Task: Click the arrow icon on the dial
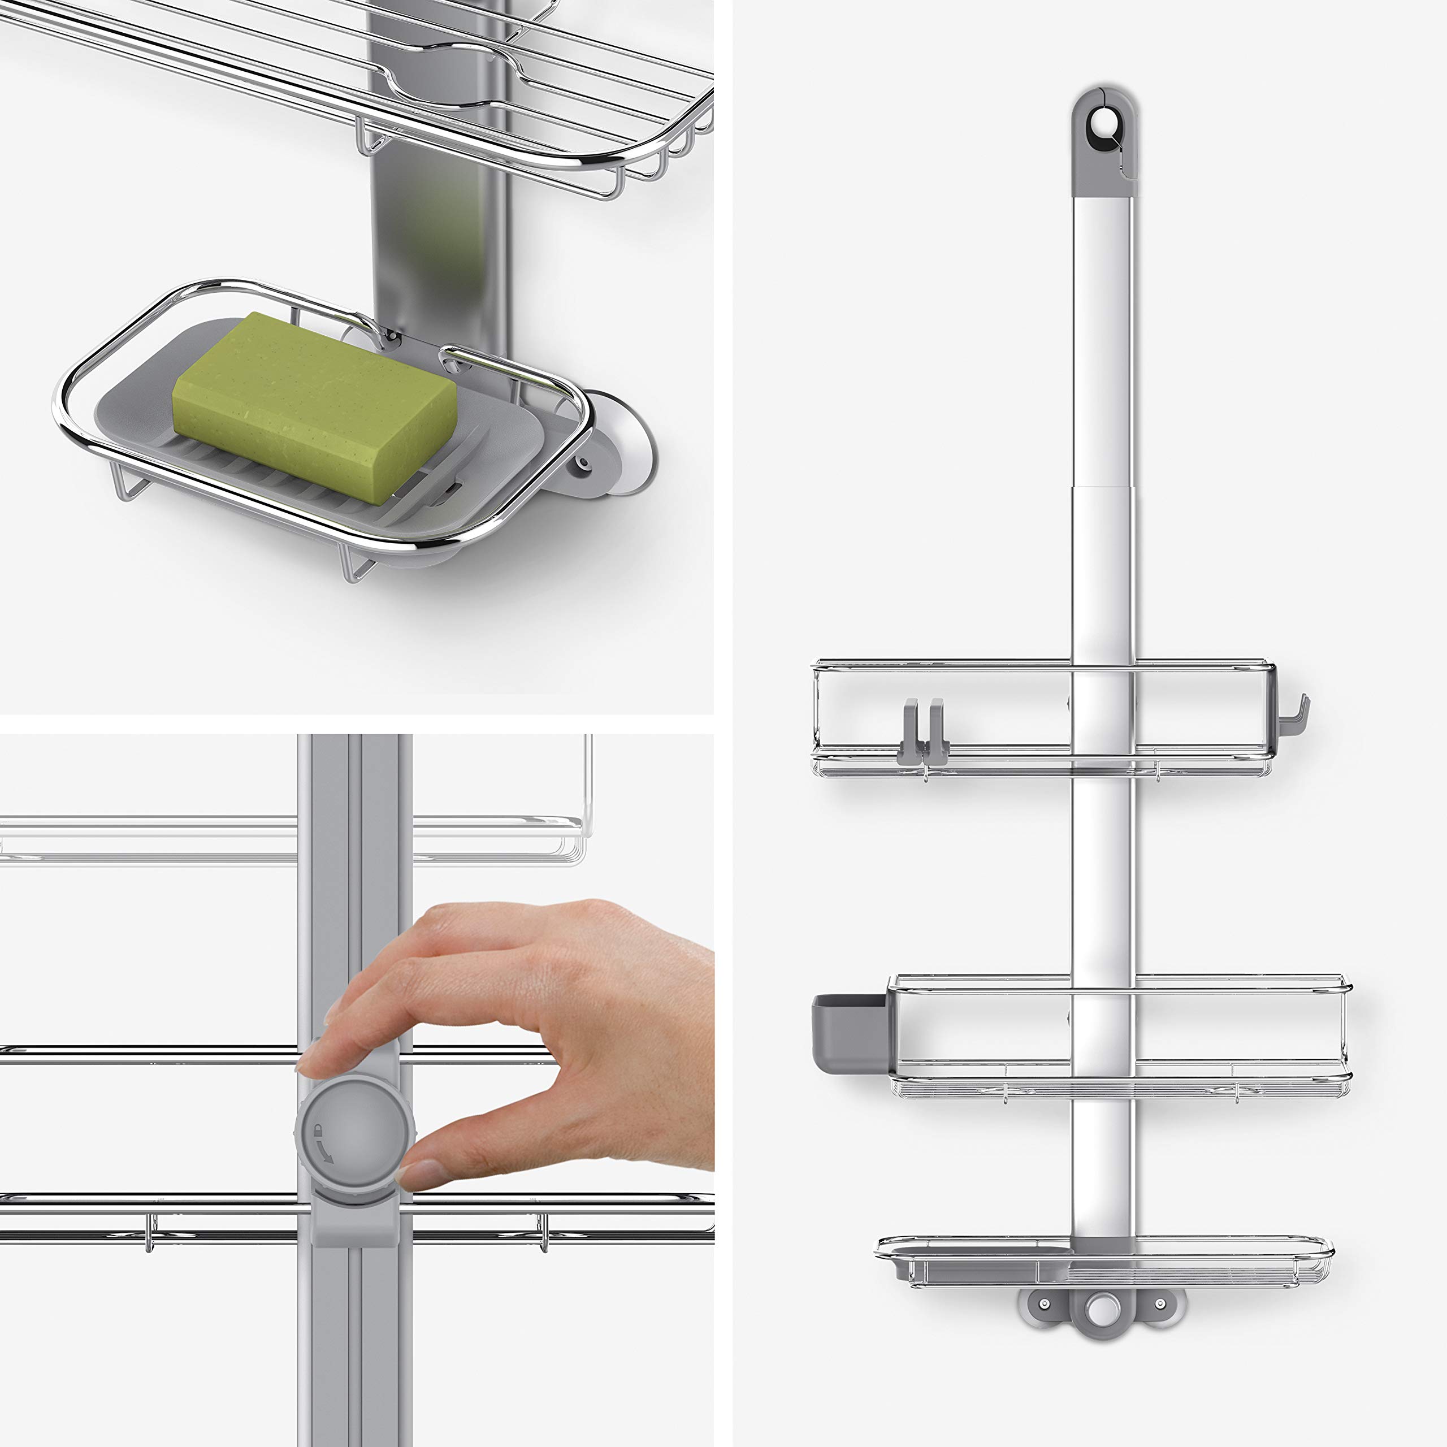[323, 1154]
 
